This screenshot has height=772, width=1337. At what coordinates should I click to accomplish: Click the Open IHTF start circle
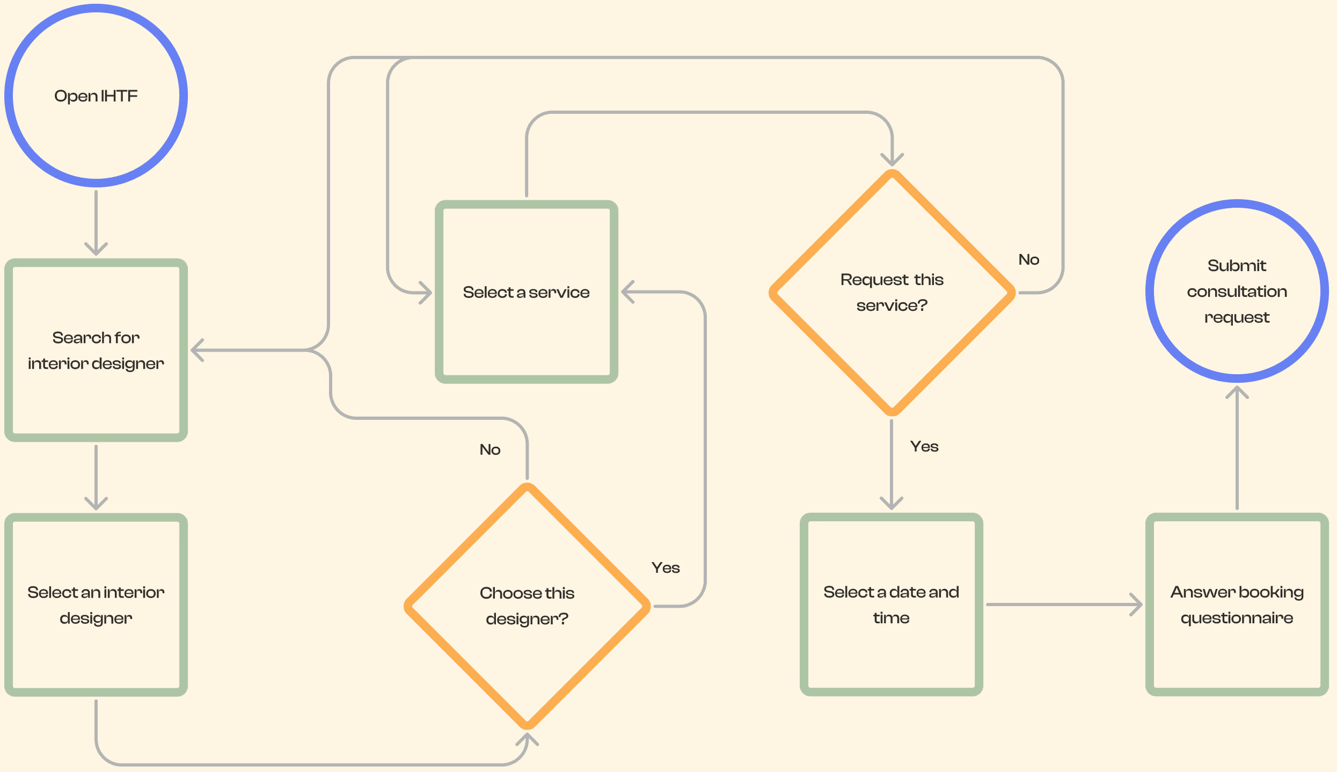click(96, 96)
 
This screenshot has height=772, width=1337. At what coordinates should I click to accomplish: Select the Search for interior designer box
click(96, 350)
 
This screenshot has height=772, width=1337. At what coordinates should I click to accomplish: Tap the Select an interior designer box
click(96, 605)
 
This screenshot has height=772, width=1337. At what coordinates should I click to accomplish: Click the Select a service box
click(526, 292)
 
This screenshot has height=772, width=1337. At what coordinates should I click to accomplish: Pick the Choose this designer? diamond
click(527, 606)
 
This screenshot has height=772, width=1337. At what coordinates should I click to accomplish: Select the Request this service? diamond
click(892, 293)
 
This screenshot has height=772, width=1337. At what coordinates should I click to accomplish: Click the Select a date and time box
click(891, 605)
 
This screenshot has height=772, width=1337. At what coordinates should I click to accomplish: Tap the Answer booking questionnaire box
click(1237, 605)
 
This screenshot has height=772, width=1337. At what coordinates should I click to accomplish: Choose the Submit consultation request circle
click(1237, 291)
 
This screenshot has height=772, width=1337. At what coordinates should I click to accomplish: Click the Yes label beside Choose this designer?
click(666, 567)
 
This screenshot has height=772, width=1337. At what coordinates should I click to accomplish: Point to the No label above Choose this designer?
click(489, 449)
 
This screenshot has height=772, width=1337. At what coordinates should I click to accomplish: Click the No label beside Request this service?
click(1028, 259)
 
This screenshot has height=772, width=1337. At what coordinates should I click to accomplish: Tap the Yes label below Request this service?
click(924, 446)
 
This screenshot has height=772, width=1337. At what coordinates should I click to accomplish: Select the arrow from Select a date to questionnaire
click(1063, 605)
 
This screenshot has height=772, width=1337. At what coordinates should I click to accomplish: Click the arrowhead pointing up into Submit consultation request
click(1237, 392)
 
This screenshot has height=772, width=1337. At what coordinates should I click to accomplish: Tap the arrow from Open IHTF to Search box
click(96, 223)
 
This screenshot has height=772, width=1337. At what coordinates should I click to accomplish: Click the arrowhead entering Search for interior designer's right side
click(198, 350)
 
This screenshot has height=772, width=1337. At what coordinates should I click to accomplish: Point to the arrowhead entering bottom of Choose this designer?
click(527, 740)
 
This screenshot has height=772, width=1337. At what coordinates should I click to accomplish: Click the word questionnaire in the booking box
click(1237, 618)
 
